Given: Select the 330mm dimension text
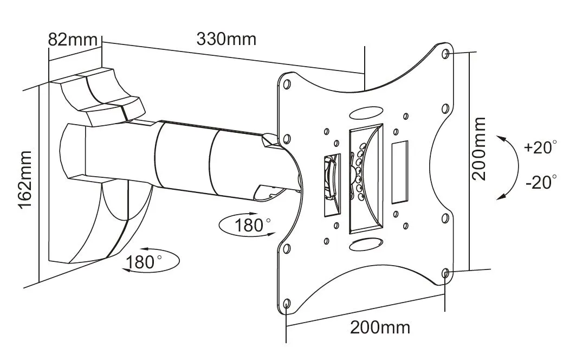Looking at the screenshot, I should (x=226, y=40).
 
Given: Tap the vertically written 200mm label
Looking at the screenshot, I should (x=478, y=149).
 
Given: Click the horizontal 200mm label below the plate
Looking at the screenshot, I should (x=380, y=327).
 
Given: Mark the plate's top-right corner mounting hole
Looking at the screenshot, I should (x=445, y=54).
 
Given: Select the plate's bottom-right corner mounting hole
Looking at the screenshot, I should (x=445, y=274).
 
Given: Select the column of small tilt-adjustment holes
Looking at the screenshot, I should (x=359, y=171).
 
